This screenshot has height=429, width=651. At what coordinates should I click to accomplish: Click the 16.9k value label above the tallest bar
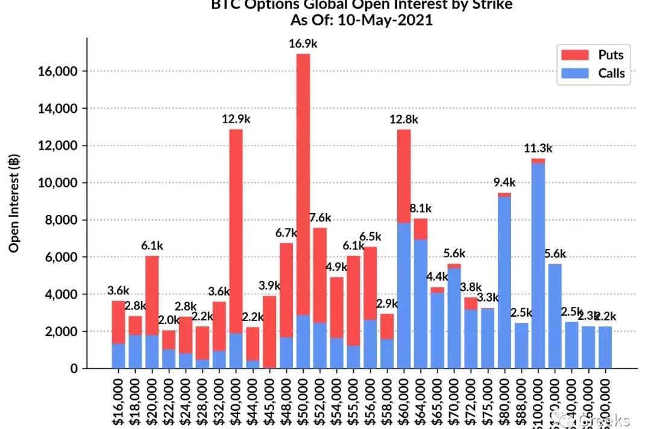pyautogui.click(x=303, y=43)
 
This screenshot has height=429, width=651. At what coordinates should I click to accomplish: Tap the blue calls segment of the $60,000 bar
pyautogui.click(x=404, y=296)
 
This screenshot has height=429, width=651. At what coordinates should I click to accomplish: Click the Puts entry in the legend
pyautogui.click(x=611, y=55)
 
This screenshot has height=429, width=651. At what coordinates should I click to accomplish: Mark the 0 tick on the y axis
pyautogui.click(x=74, y=369)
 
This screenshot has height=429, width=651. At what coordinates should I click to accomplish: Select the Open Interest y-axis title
pyautogui.click(x=14, y=203)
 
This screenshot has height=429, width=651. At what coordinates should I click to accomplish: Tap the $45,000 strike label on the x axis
pyautogui.click(x=270, y=401)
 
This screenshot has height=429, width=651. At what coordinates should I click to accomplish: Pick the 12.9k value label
pyautogui.click(x=236, y=119)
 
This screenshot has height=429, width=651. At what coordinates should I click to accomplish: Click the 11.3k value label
pyautogui.click(x=538, y=148)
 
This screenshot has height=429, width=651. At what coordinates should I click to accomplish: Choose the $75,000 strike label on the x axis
pyautogui.click(x=488, y=401)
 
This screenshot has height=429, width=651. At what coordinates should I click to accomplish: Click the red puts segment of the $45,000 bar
pyautogui.click(x=270, y=332)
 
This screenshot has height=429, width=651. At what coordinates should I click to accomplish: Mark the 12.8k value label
pyautogui.click(x=404, y=119)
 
